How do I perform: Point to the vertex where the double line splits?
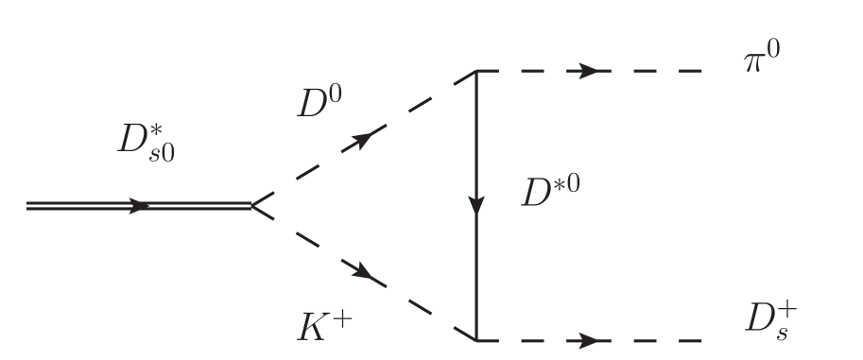tap(252, 205)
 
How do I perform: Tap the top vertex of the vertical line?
tap(475, 71)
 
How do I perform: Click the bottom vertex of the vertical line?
tap(475, 339)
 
